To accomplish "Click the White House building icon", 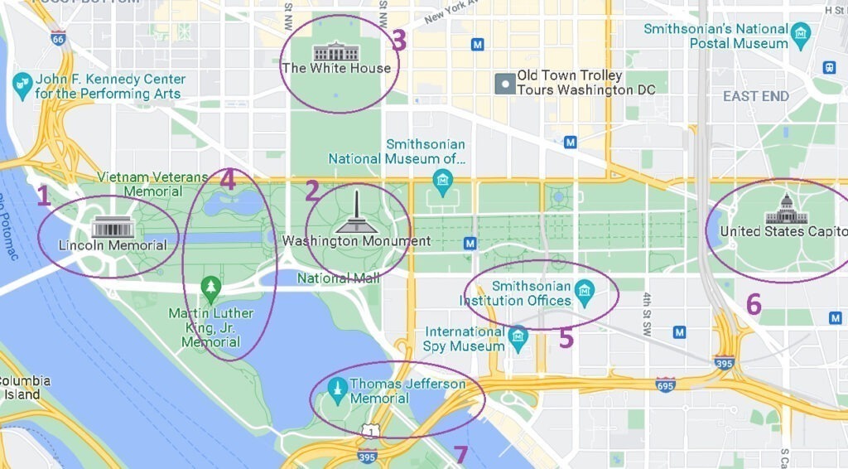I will [x=335, y=51].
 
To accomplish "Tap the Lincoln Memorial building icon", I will [x=113, y=226].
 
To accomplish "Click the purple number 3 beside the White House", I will [x=398, y=41].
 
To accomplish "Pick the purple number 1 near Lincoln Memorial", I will [x=44, y=196].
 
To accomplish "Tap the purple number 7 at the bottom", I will [x=461, y=454].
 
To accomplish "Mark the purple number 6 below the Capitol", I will [x=753, y=305].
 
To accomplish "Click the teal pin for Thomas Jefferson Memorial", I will [x=337, y=387].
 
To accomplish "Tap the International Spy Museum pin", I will [x=518, y=336].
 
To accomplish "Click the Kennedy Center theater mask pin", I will [x=22, y=83].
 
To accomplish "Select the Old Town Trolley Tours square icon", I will [x=503, y=83].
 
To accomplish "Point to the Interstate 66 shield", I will [x=57, y=38].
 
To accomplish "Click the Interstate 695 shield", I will [x=665, y=384].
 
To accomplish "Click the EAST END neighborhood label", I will [x=755, y=96].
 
